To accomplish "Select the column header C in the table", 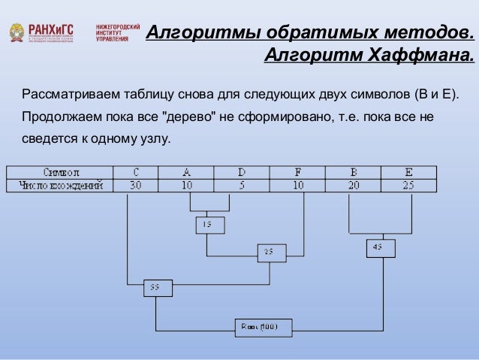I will pyautogui.click(x=136, y=172).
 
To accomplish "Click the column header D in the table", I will pyautogui.click(x=241, y=172).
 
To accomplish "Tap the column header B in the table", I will pyautogui.click(x=353, y=172).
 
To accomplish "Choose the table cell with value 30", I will pyautogui.click(x=136, y=185).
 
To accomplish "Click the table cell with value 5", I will pyautogui.click(x=241, y=185).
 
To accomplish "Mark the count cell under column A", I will pyautogui.click(x=187, y=185).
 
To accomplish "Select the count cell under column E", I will pyautogui.click(x=408, y=185).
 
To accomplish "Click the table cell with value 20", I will pyautogui.click(x=353, y=185).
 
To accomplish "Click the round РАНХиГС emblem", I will pyautogui.click(x=15, y=32).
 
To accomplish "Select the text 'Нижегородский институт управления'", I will pyautogui.click(x=117, y=32).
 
